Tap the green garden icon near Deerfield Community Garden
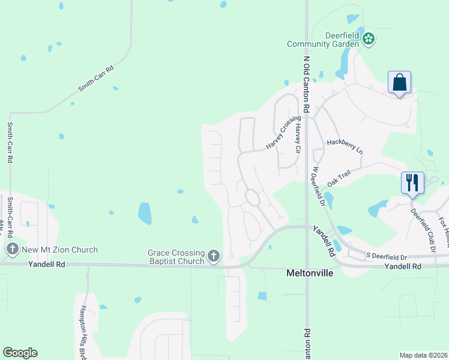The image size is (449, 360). coord(369,40)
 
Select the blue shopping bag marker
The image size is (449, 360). coord(399,83)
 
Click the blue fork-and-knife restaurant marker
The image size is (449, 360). coord(412,182)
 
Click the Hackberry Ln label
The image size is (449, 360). coord(345,146)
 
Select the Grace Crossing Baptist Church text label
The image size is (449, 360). coord(176,257)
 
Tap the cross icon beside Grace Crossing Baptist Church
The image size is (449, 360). coord(213,257)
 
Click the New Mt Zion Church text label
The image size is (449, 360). coord(59,250)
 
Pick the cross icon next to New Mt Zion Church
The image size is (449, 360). coord(12,249)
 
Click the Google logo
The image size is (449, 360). coord(20,353)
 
